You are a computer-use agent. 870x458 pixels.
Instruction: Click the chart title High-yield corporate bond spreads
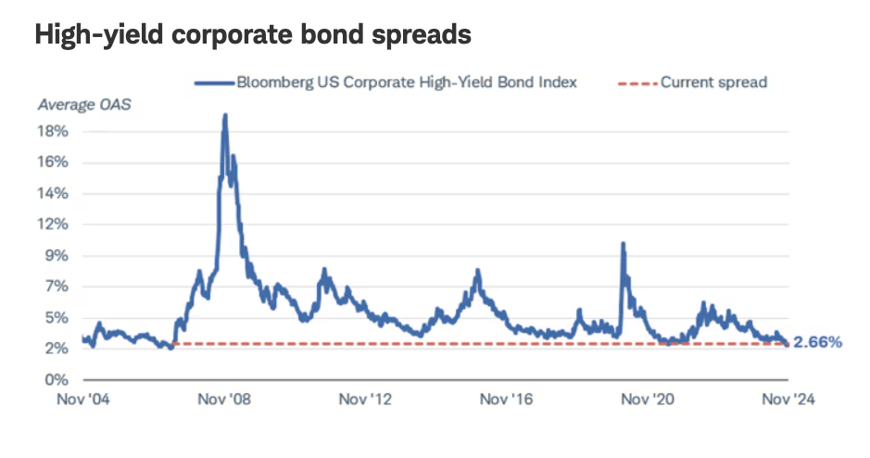tap(253, 36)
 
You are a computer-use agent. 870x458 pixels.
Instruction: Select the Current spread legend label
tap(713, 83)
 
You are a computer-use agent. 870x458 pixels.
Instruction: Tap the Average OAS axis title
tap(84, 104)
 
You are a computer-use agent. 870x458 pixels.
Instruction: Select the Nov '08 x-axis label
tap(225, 400)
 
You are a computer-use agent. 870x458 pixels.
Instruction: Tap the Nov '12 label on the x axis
tap(367, 400)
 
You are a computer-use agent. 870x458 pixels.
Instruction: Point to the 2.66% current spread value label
tap(818, 343)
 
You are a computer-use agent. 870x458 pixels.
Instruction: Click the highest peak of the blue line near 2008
tap(225, 116)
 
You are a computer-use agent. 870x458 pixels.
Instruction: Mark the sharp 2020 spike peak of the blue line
tap(623, 244)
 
